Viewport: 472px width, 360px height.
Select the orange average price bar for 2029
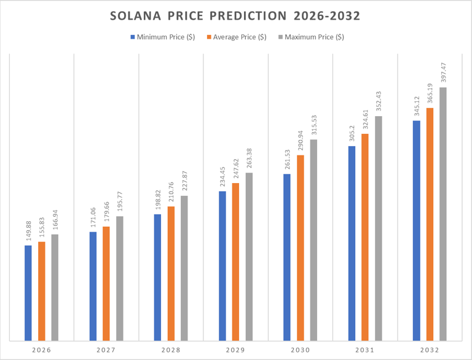(235, 262)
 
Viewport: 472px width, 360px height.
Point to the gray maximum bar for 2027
(119, 278)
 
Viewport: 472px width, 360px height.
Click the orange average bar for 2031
(365, 237)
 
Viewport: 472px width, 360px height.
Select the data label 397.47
(443, 71)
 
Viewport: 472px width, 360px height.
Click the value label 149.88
(28, 229)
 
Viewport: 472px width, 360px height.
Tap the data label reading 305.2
(352, 133)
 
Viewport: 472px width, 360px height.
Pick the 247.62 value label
(236, 166)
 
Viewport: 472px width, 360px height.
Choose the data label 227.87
(184, 179)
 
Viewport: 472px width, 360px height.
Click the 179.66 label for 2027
(106, 210)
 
